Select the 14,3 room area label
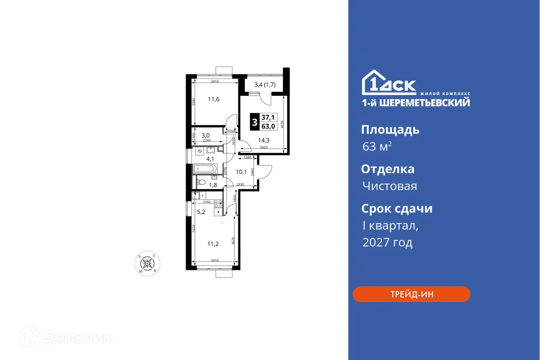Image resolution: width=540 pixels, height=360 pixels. coord(264,141)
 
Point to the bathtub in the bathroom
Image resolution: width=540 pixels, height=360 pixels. coord(206,169)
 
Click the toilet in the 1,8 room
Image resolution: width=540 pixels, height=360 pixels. coord(201,182)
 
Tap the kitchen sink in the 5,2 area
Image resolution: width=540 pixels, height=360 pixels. coord(196,196)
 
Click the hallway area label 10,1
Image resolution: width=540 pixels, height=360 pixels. coord(241,172)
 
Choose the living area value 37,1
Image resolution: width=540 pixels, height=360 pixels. coord(268,118)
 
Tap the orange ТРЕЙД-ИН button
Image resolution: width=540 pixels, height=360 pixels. coord(412,294)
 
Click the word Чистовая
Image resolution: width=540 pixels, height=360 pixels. coord(389,186)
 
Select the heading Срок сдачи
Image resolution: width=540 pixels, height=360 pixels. coord(397,209)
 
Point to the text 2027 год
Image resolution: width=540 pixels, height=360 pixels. coord(387,242)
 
